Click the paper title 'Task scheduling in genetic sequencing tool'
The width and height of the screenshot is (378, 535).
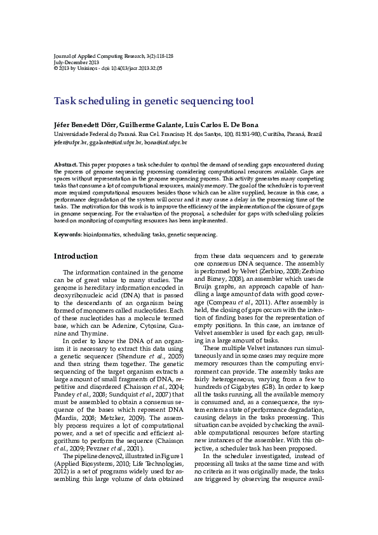tap(153, 101)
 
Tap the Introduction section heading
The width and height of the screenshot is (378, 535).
tap(76, 256)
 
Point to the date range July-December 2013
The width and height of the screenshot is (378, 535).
tap(77, 62)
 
